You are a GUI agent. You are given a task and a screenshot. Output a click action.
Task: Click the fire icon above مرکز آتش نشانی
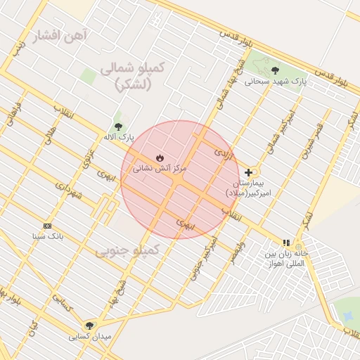coord(159,157)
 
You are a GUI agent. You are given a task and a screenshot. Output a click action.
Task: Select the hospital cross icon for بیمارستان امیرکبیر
coord(248,172)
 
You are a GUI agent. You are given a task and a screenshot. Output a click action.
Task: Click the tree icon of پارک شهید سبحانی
coord(274,70)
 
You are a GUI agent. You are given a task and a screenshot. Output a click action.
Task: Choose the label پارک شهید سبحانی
coord(276,82)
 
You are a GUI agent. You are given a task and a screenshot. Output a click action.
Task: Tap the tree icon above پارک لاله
coord(117,124)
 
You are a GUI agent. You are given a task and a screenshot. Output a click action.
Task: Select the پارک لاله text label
coord(117,136)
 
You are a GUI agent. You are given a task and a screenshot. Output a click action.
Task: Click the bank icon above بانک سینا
coord(47,226)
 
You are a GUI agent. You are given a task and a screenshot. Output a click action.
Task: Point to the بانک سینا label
coord(47,237)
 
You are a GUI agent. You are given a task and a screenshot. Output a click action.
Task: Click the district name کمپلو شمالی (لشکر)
coord(131,75)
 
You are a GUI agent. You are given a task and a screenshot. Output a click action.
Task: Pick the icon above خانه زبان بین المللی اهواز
coord(285,243)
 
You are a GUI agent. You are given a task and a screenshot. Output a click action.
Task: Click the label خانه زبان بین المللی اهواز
coord(286,258)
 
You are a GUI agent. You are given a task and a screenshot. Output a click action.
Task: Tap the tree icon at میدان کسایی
coord(89,325)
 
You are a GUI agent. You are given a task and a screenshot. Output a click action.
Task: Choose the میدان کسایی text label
coord(90,337)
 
